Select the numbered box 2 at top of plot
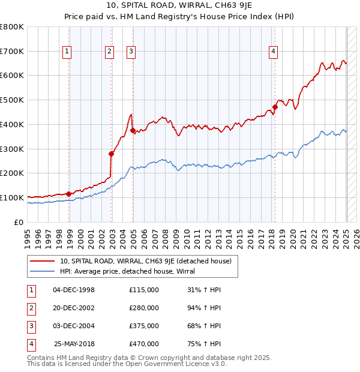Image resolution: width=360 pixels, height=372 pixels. [110, 52]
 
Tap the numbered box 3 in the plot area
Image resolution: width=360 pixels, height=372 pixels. [131, 52]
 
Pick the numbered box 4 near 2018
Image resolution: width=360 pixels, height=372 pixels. [273, 52]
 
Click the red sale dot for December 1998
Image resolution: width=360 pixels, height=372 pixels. [69, 194]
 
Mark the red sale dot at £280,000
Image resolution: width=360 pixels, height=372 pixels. [112, 153]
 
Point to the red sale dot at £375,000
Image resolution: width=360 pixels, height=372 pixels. [133, 130]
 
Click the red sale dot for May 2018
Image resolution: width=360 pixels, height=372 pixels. [275, 107]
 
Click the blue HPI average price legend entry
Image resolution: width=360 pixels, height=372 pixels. [132, 271]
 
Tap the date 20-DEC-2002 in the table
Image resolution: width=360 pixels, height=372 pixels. [74, 308]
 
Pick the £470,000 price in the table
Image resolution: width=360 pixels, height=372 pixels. [144, 344]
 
